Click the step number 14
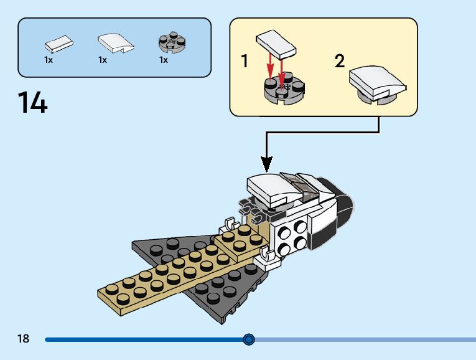[x=33, y=102]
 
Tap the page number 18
[x=24, y=338]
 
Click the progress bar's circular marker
[x=249, y=339]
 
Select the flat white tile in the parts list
[x=59, y=44]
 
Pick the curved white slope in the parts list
[x=115, y=43]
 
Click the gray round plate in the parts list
[x=172, y=42]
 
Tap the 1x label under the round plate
[x=163, y=60]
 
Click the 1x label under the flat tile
[x=49, y=60]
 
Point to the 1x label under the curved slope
[x=103, y=60]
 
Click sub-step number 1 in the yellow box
[x=245, y=61]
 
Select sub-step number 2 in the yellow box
[x=340, y=61]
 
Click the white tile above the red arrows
[x=276, y=44]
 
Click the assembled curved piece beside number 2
[x=377, y=85]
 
